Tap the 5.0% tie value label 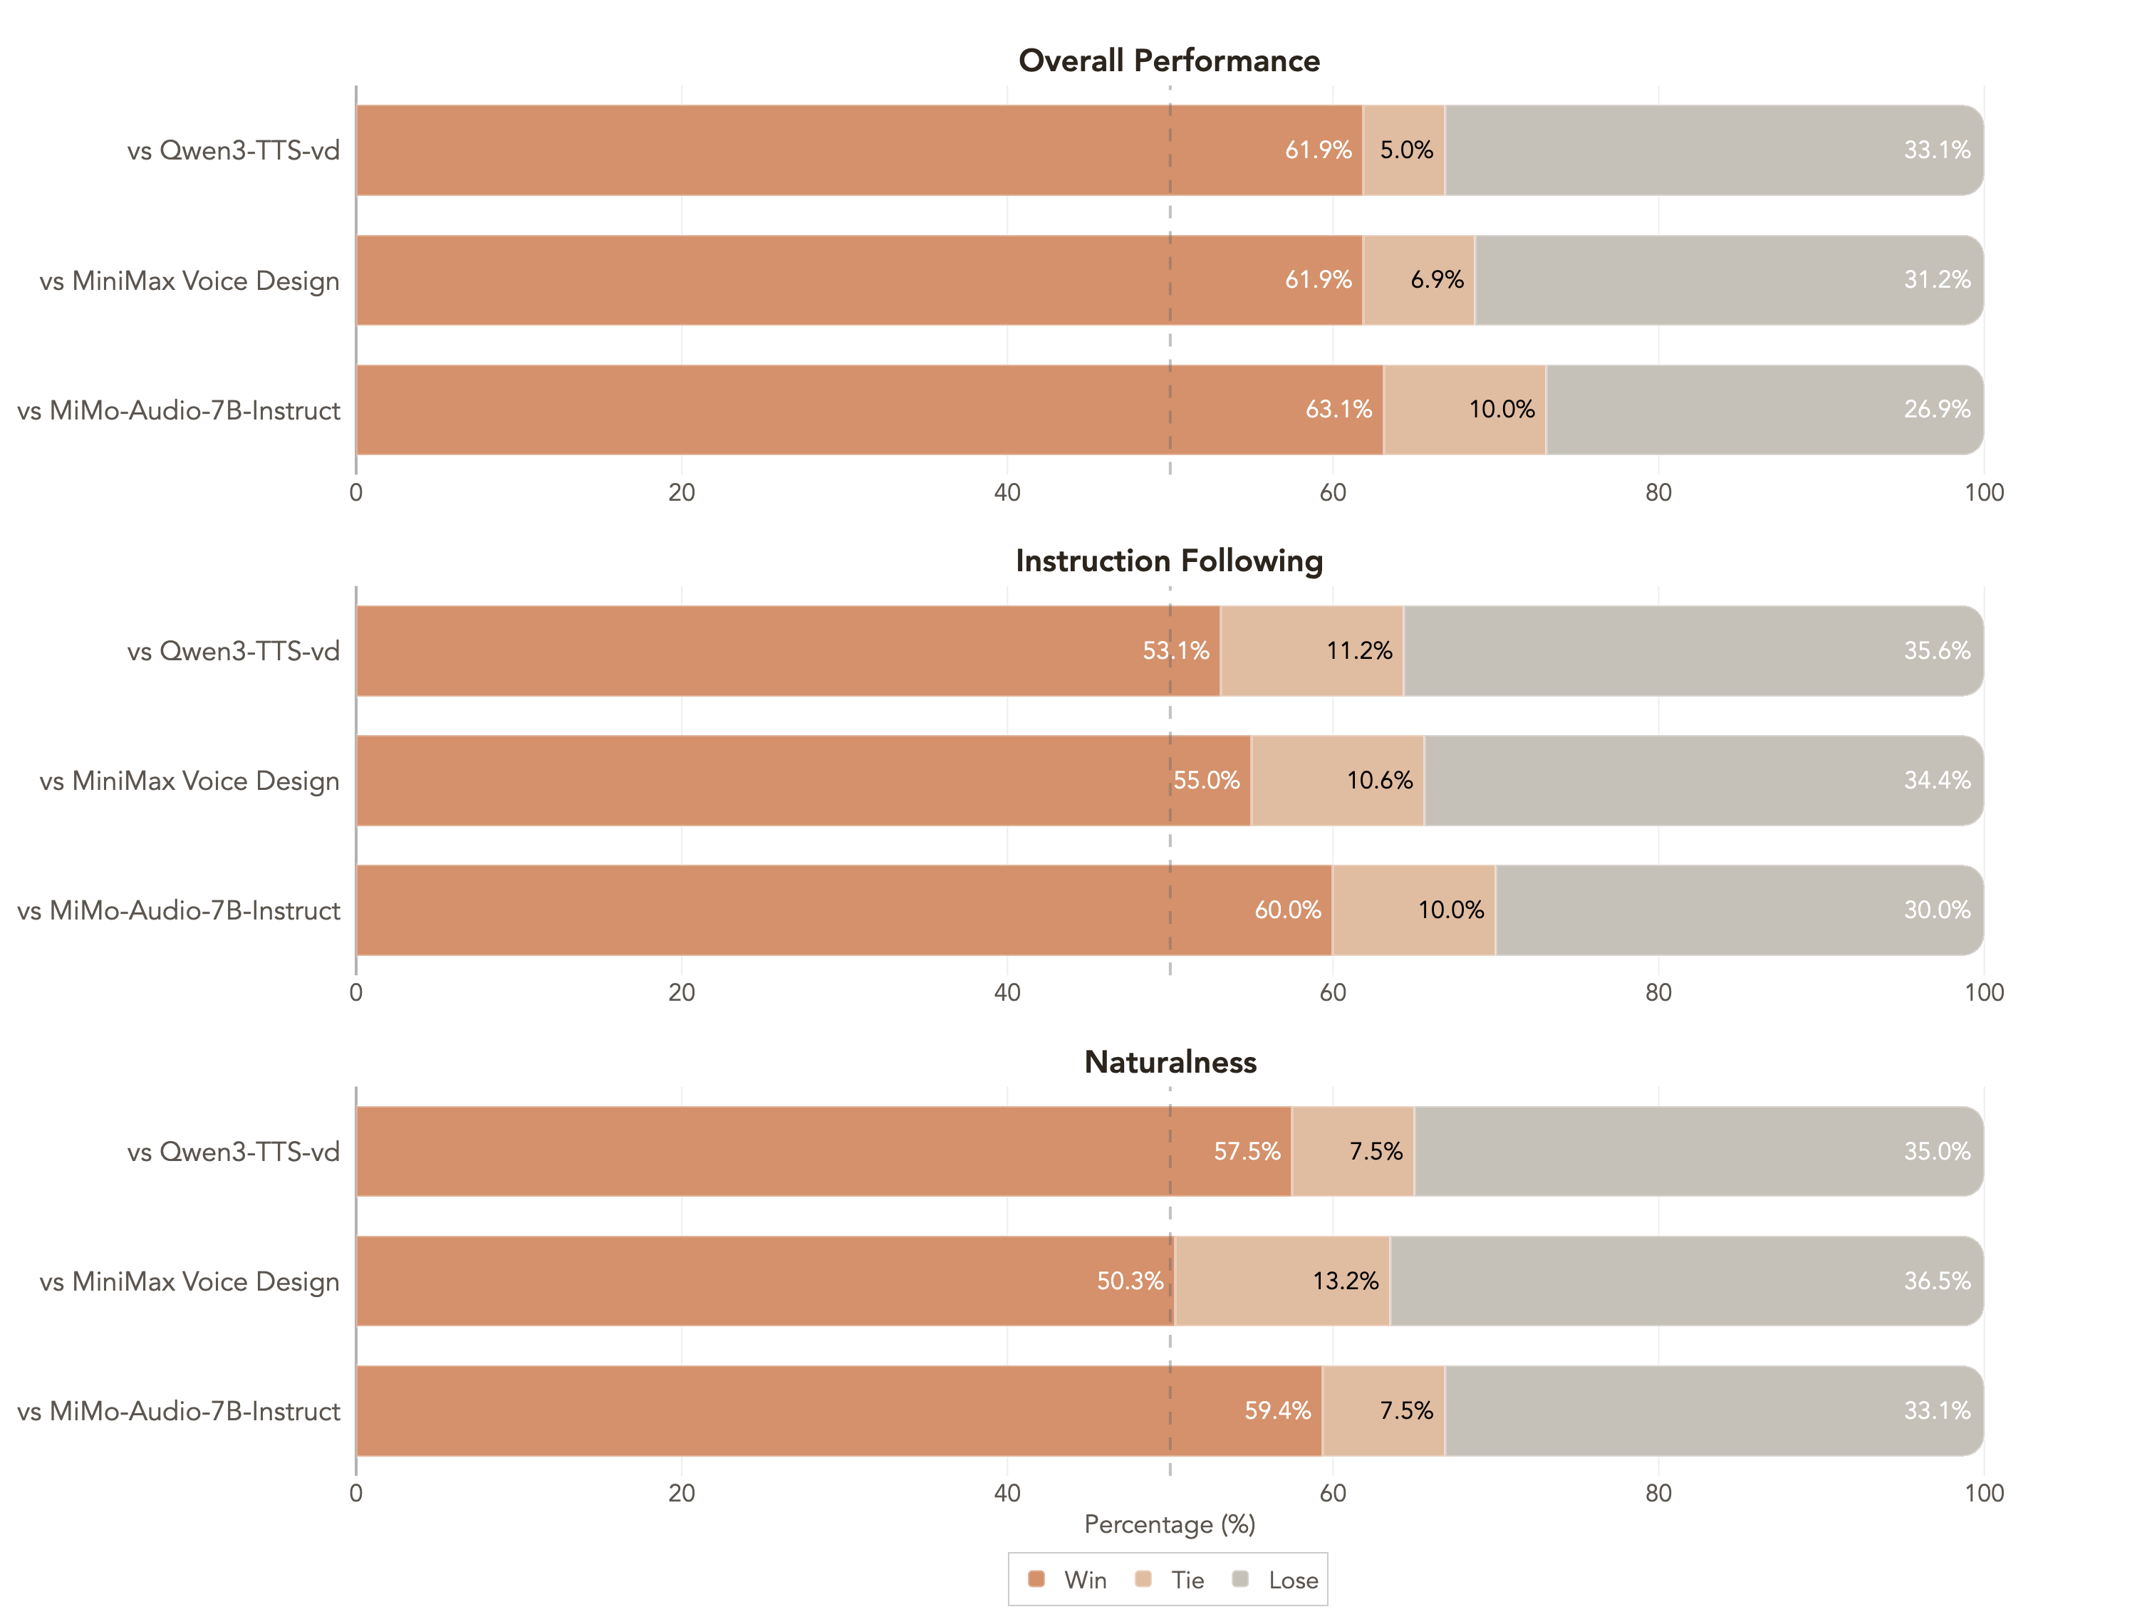pyautogui.click(x=1406, y=150)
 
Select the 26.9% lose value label pyautogui.click(x=1936, y=409)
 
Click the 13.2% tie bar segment pyautogui.click(x=1283, y=1281)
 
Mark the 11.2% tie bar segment pyautogui.click(x=1311, y=650)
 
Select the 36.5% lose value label pyautogui.click(x=1936, y=1281)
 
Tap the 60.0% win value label pyautogui.click(x=1287, y=910)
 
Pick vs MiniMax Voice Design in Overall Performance pyautogui.click(x=189, y=281)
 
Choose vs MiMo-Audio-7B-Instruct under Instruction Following pyautogui.click(x=179, y=910)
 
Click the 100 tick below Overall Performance pyautogui.click(x=1983, y=492)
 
